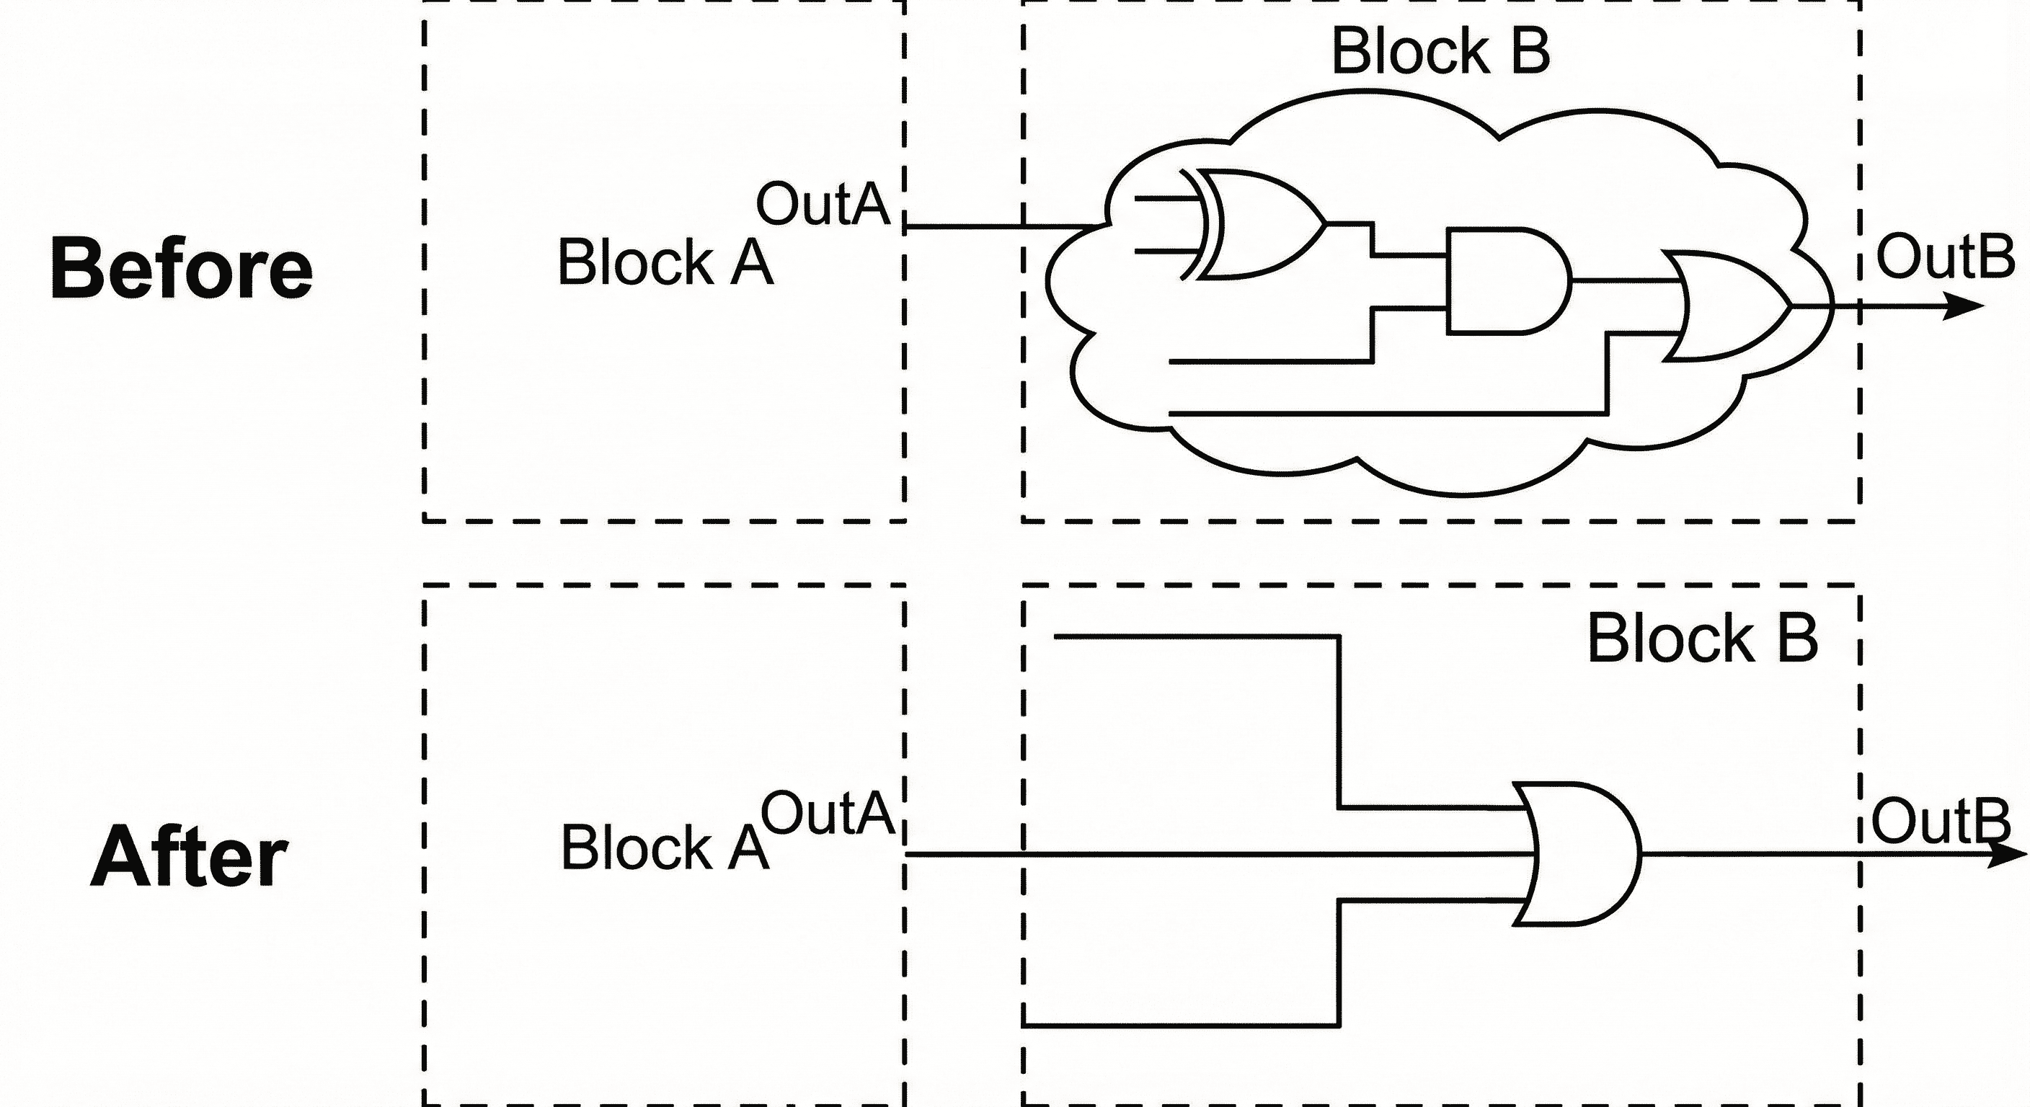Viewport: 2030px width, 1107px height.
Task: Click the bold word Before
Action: (181, 269)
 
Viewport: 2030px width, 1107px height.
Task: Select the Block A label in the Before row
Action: (665, 262)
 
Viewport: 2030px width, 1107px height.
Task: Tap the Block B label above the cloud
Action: (1440, 51)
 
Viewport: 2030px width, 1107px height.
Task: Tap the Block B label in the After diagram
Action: (1702, 639)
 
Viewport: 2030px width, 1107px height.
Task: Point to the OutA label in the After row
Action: (827, 813)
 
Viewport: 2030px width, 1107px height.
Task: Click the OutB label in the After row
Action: (1940, 822)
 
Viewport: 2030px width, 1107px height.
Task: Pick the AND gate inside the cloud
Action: (1505, 281)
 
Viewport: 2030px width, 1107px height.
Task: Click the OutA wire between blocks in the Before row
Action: (965, 227)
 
